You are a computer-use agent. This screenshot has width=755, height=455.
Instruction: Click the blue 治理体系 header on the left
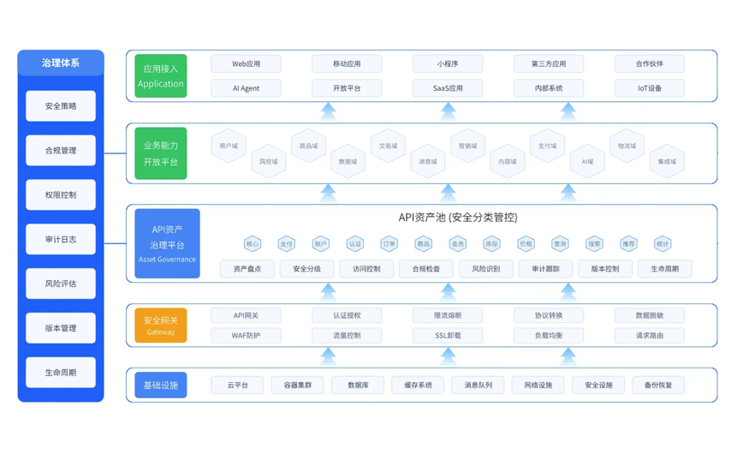(x=61, y=63)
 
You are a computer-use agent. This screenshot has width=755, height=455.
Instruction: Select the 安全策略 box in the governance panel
(x=61, y=106)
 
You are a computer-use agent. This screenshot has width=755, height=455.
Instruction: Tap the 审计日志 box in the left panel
(x=61, y=239)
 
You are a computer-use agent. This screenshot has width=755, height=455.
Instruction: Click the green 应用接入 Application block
(x=161, y=75)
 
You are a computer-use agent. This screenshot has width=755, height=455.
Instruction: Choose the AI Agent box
(x=246, y=88)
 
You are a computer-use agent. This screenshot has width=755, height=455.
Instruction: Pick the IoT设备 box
(x=649, y=88)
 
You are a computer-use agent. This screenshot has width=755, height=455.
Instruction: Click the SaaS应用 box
(x=448, y=88)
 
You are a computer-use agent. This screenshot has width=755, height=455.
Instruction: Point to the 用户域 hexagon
(x=229, y=147)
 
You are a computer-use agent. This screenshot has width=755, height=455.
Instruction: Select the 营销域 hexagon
(x=467, y=147)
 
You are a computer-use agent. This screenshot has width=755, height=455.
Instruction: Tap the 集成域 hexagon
(x=667, y=161)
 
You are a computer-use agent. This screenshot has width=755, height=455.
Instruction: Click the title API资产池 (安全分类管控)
(x=458, y=218)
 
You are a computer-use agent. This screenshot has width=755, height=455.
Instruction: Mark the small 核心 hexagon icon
(x=253, y=244)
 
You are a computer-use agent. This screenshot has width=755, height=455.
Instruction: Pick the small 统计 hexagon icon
(x=663, y=244)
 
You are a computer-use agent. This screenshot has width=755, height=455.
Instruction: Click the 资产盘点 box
(x=247, y=269)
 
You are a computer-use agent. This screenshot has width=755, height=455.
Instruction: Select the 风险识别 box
(x=485, y=269)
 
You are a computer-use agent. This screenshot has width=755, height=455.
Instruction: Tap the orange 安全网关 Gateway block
(x=161, y=326)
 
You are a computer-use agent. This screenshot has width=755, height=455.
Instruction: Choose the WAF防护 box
(x=246, y=336)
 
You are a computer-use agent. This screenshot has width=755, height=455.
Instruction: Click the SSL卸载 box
(x=448, y=336)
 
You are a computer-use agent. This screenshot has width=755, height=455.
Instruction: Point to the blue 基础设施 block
(x=161, y=386)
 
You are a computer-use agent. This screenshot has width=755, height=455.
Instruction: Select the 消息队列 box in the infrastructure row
(x=478, y=386)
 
